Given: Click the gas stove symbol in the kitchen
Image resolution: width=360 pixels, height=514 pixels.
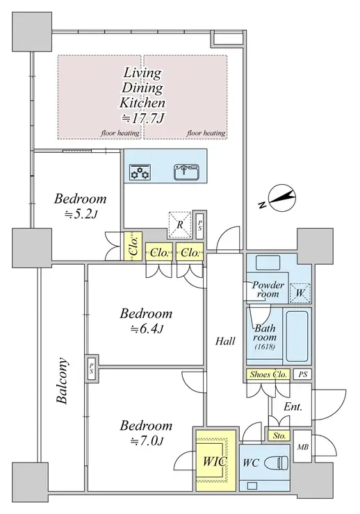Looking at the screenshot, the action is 140,172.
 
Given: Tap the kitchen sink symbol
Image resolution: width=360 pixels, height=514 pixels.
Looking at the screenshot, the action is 186,172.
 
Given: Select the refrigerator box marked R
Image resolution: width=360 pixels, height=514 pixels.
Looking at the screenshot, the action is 180,225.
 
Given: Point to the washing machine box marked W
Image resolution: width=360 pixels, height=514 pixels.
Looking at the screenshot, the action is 300,292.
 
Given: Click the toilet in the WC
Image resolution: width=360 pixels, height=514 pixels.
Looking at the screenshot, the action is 278,463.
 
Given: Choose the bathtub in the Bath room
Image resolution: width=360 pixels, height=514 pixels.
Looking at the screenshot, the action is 297,336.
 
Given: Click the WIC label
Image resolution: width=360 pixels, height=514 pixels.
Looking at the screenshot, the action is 215,461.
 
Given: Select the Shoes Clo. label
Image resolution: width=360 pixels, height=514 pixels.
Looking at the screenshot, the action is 268,374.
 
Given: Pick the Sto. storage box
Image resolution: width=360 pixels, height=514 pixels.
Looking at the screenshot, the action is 279,436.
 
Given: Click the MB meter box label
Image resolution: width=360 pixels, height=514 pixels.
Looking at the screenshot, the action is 302,447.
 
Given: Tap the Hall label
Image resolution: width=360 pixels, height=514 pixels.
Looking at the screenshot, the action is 225,341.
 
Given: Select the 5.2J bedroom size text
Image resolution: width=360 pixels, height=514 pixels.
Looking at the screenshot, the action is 81,215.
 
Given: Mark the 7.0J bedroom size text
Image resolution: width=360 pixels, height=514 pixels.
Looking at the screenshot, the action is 147,441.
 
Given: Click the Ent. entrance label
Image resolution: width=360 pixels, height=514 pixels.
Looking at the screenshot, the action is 293,407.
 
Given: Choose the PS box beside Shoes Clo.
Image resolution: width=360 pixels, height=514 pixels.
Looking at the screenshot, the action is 302,374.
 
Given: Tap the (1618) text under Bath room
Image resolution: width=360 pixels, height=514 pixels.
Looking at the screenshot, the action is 265,347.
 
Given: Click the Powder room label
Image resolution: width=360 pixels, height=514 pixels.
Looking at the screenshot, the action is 268,289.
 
